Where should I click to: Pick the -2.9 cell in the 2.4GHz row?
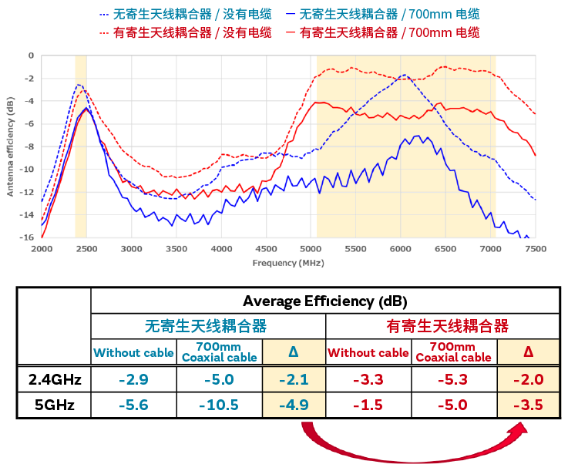[x=133, y=379]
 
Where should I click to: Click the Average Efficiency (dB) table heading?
[x=324, y=301]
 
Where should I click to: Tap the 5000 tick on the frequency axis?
[x=311, y=249]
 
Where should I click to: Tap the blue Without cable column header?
[x=133, y=353]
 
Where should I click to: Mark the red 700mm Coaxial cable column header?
[x=453, y=352]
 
